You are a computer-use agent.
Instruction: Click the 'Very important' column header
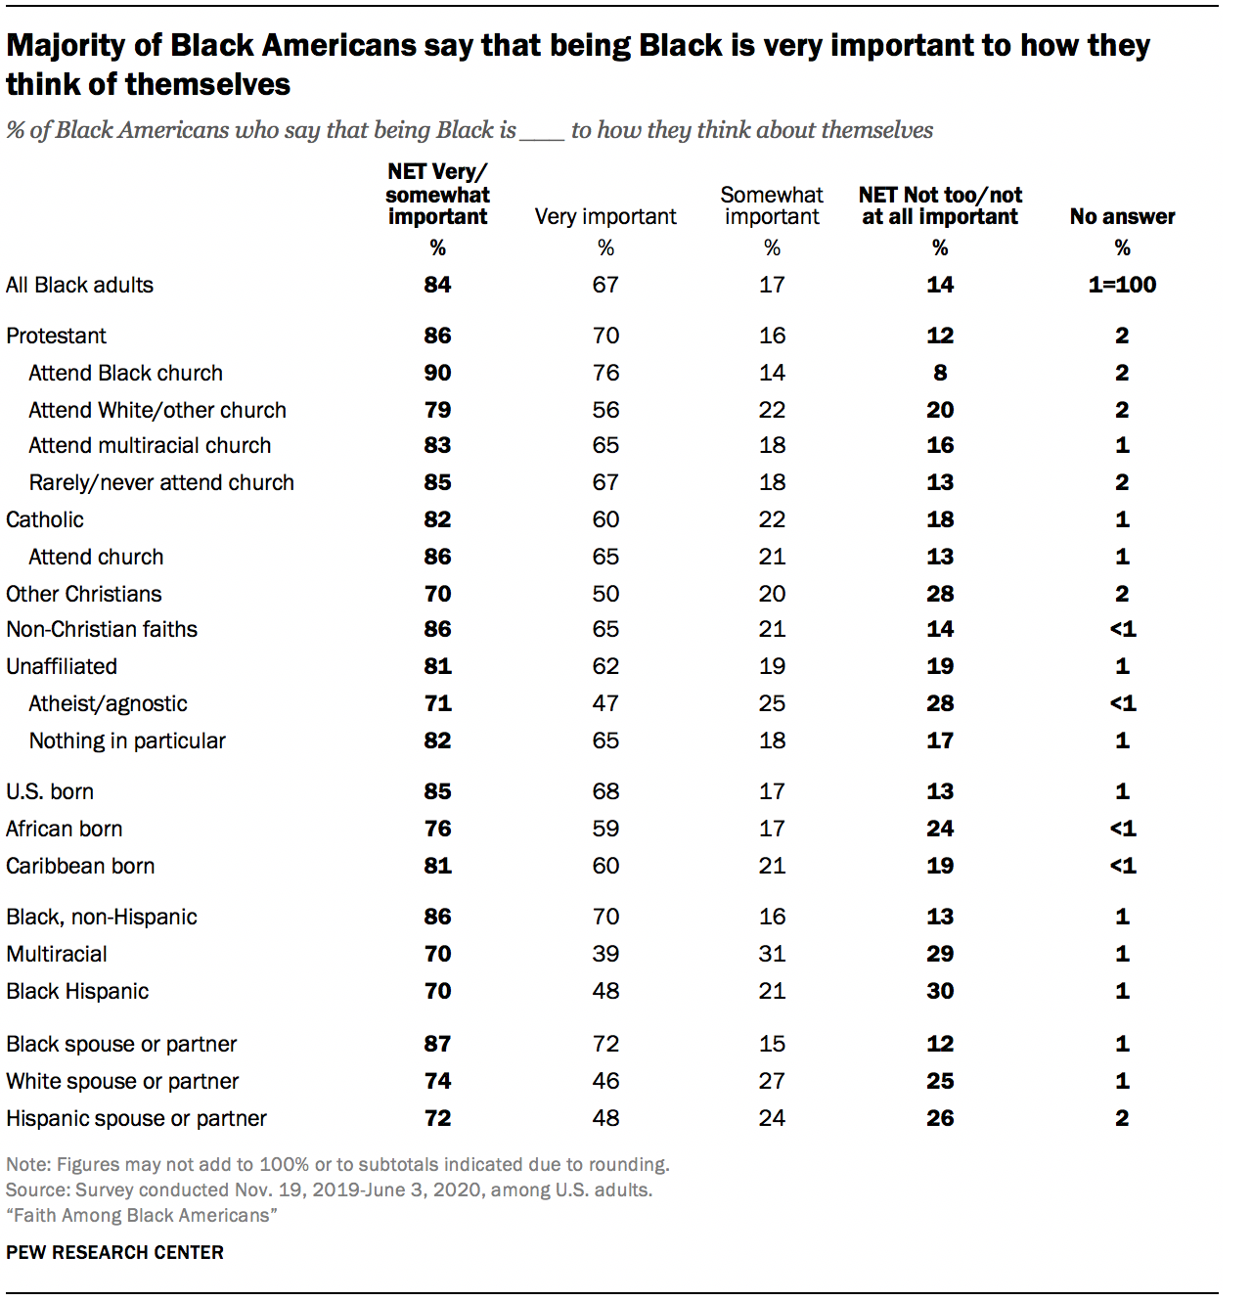(605, 216)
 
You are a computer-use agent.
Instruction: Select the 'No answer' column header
(1122, 216)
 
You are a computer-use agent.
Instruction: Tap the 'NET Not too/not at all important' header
(940, 205)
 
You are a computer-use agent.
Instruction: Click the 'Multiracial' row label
(57, 954)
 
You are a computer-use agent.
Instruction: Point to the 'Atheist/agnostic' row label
(108, 703)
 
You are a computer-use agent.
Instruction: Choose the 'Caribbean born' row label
(80, 866)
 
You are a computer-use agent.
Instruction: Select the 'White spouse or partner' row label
(122, 1081)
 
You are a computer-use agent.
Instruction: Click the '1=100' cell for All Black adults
(1122, 285)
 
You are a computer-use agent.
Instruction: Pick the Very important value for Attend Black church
(605, 373)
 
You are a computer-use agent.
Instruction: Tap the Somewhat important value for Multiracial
(772, 954)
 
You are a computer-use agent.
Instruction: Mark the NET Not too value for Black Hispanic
(940, 991)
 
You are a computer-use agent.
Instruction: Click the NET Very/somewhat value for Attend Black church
(437, 373)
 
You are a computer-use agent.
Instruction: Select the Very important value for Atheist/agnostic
(605, 703)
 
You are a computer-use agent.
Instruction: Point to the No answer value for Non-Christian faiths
(1122, 629)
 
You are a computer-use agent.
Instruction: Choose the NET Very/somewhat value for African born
(437, 829)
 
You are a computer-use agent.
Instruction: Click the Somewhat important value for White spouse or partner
(772, 1081)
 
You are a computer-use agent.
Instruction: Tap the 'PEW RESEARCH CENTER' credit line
(114, 1252)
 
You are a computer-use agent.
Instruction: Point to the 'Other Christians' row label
(84, 594)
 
